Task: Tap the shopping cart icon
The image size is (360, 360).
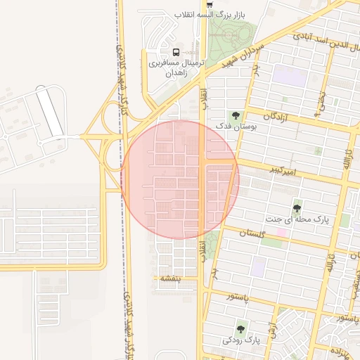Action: pyautogui.click(x=210, y=4)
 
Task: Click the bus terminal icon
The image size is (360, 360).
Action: pyautogui.click(x=176, y=51)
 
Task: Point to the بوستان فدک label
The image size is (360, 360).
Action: pyautogui.click(x=236, y=125)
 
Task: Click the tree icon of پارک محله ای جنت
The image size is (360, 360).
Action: pyautogui.click(x=297, y=208)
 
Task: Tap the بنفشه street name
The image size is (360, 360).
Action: pyautogui.click(x=170, y=278)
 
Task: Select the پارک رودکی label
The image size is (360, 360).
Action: pyautogui.click(x=241, y=340)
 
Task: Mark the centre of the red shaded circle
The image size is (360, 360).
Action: pyautogui.click(x=180, y=179)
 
